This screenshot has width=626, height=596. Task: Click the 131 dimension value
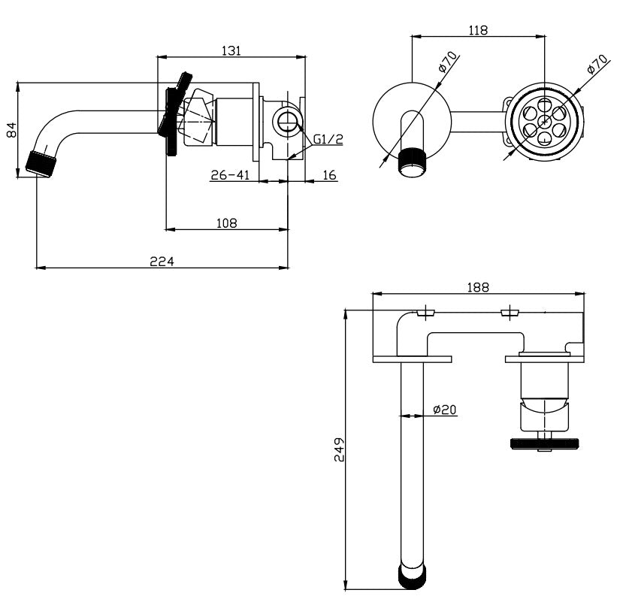pos(231,50)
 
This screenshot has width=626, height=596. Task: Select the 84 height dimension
pos(12,130)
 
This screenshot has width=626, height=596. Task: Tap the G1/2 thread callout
pos(328,139)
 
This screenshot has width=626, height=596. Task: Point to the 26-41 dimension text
pos(230,175)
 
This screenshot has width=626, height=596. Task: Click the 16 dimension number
pos(329,175)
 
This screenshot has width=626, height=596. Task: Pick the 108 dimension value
pos(226,222)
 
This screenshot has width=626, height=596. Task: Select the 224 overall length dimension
pos(162,262)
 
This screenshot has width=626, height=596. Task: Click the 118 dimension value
pos(478,30)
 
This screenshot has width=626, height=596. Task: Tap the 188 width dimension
pos(478,287)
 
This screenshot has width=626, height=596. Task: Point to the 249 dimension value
pos(339,449)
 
